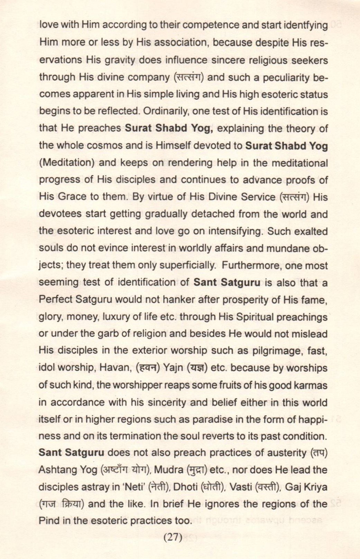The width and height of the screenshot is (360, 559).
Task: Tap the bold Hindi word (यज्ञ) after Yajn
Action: (197, 368)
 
